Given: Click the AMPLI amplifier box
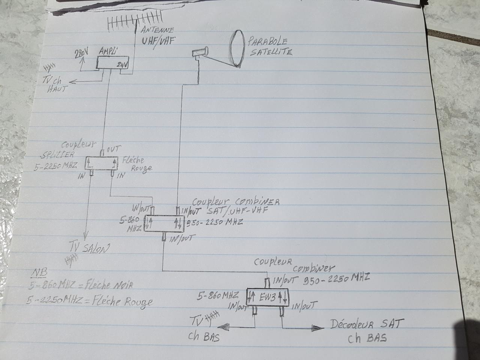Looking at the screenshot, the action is click(x=112, y=63).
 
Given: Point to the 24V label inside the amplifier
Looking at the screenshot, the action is click(x=122, y=65).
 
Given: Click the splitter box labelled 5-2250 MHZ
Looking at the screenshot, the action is click(x=101, y=163).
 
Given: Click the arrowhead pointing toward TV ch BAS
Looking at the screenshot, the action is click(x=225, y=327).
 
